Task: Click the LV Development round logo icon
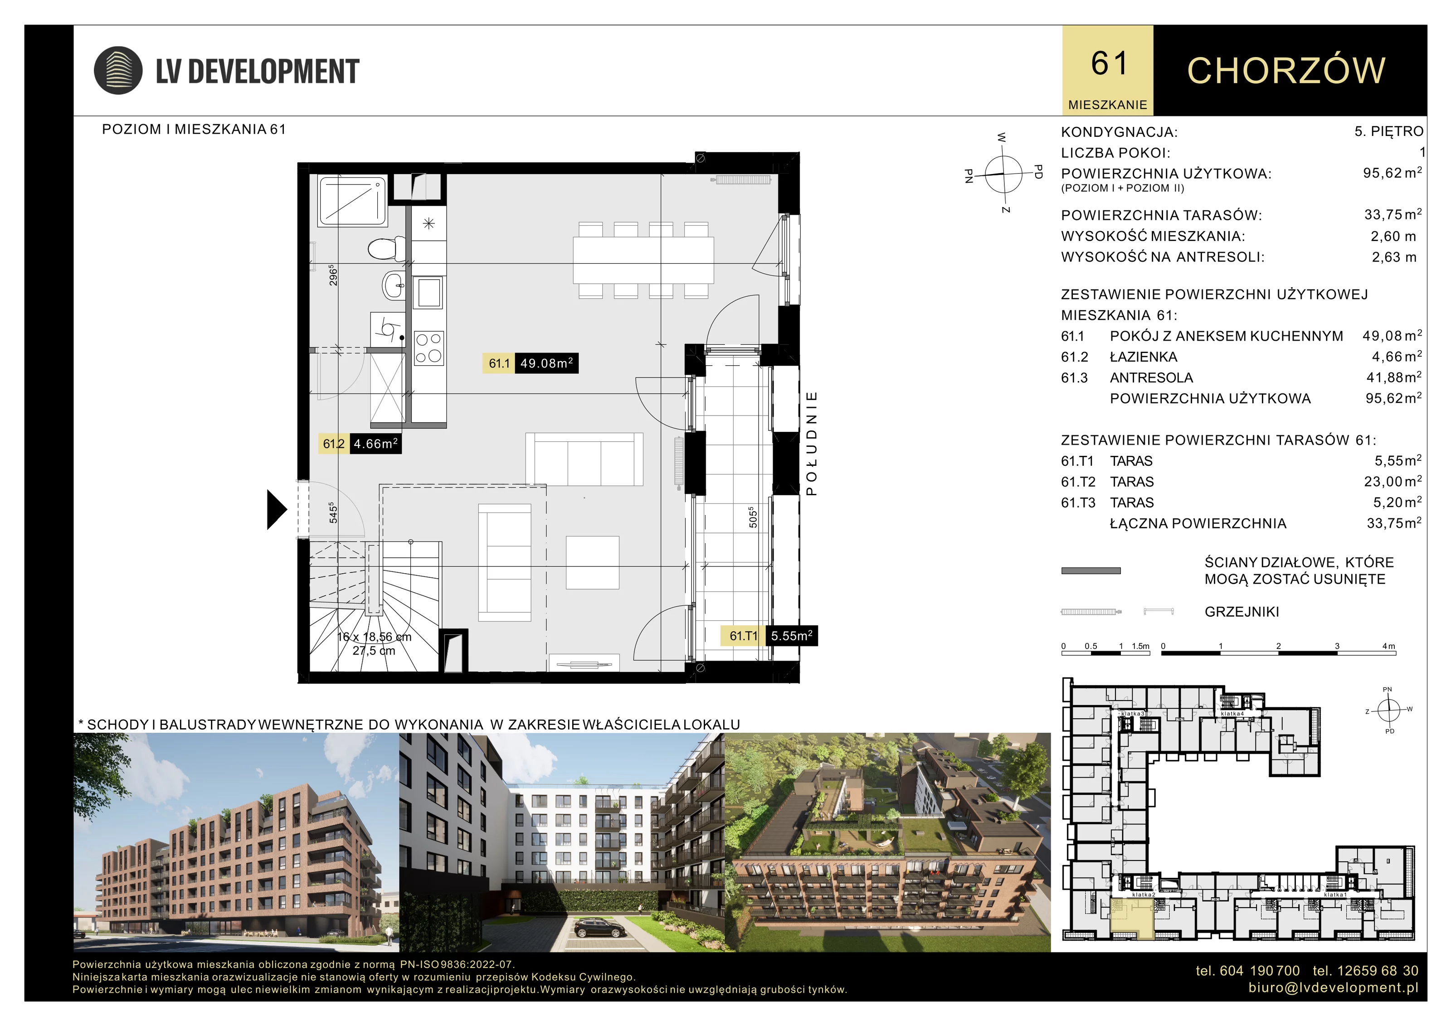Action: click(117, 70)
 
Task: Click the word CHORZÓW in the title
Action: click(1286, 70)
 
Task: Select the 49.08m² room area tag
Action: click(530, 363)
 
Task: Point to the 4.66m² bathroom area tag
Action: click(360, 443)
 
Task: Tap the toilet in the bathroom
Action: click(387, 248)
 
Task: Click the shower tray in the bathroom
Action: click(353, 202)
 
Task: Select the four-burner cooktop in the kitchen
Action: click(429, 348)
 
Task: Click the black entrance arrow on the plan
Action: click(277, 509)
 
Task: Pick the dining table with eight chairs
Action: click(643, 260)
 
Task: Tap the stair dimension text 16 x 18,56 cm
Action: click(374, 637)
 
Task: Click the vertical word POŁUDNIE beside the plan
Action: click(812, 443)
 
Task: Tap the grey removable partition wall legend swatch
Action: click(1091, 571)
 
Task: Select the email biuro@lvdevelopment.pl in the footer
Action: click(1334, 987)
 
